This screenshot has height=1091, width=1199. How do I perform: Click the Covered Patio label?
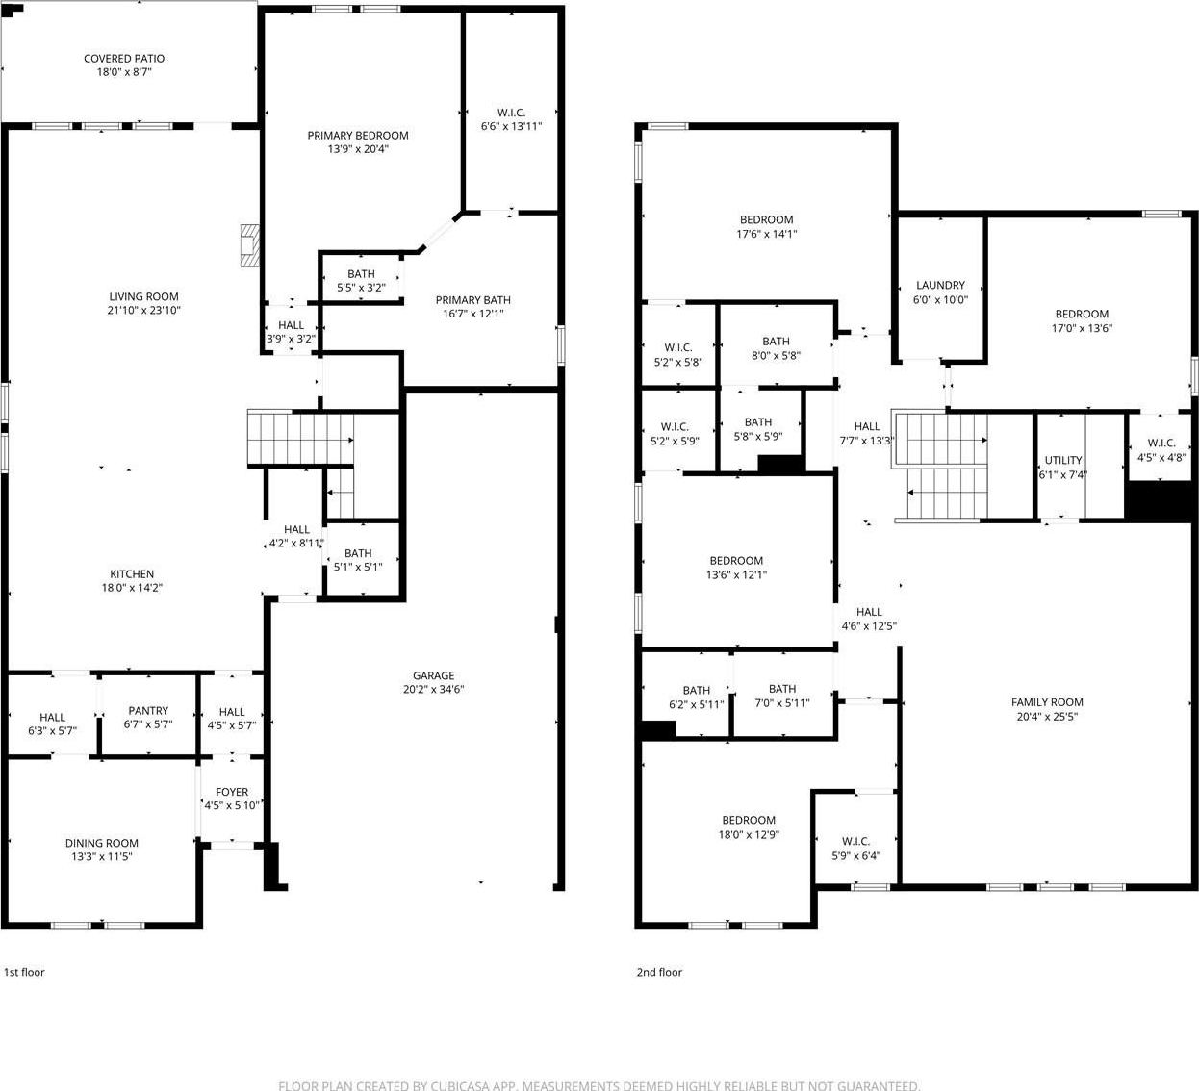pyautogui.click(x=124, y=59)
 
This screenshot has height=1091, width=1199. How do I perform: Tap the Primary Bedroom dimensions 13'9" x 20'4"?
pyautogui.click(x=358, y=149)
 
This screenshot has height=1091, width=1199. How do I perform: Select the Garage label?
pyautogui.click(x=433, y=675)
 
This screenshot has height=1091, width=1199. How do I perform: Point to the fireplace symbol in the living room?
pyautogui.click(x=250, y=245)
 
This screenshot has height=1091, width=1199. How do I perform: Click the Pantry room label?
pyautogui.click(x=148, y=711)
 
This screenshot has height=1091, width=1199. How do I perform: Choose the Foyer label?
pyautogui.click(x=232, y=792)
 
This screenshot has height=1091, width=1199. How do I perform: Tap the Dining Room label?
pyautogui.click(x=102, y=843)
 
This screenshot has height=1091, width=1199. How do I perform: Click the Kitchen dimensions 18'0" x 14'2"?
pyautogui.click(x=132, y=588)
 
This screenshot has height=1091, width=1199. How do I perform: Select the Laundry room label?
pyautogui.click(x=940, y=285)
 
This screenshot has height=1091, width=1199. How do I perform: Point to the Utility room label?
pyautogui.click(x=1063, y=460)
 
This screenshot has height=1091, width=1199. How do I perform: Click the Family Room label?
pyautogui.click(x=1047, y=702)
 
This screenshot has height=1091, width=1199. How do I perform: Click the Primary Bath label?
pyautogui.click(x=473, y=300)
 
